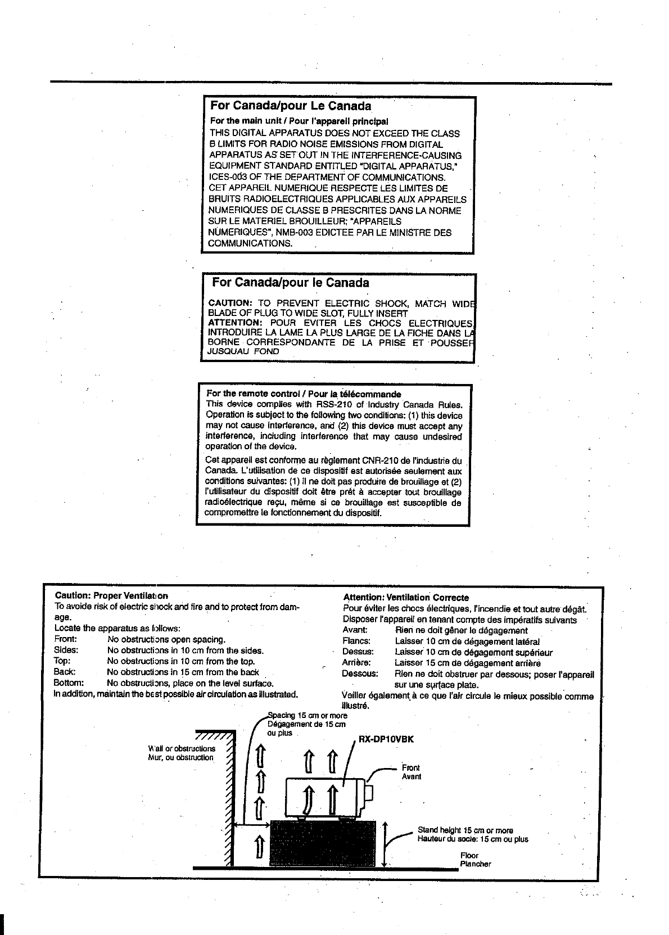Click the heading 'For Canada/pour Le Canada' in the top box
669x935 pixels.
[x=290, y=106]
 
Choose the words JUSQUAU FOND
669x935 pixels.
[x=243, y=351]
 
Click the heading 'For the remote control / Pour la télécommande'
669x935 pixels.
[x=304, y=394]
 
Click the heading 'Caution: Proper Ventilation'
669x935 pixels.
[x=111, y=595]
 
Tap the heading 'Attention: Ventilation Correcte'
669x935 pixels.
[x=406, y=598]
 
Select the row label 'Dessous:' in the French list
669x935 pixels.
[x=360, y=673]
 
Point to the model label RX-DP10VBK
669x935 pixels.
[x=386, y=739]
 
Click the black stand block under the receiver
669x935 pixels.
[x=323, y=843]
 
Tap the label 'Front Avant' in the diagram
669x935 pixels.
[x=411, y=772]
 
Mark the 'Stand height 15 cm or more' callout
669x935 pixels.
[x=465, y=830]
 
